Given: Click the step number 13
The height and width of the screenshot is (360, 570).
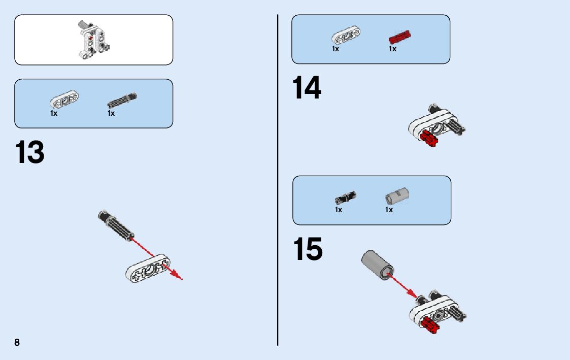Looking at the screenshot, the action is click(30, 153).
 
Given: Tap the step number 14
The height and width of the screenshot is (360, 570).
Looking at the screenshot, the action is click(307, 88).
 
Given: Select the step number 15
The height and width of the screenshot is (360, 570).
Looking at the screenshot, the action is click(308, 250).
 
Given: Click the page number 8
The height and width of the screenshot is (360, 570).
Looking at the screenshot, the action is click(17, 342).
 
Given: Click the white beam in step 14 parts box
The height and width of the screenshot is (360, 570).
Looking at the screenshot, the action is click(346, 36).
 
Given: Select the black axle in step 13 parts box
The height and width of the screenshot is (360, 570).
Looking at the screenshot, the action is click(122, 100).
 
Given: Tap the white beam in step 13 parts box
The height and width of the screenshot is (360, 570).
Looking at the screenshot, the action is click(64, 100).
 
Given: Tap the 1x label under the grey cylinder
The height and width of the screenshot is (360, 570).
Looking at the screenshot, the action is click(389, 210).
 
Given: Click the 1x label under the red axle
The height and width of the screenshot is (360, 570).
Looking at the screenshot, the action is click(392, 49).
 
